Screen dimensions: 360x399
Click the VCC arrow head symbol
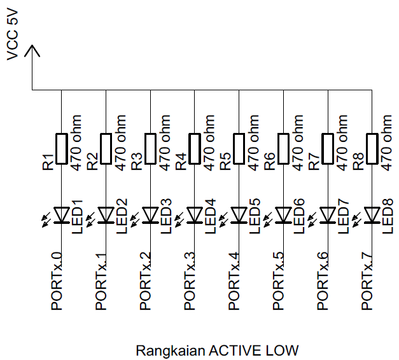(x=32, y=53)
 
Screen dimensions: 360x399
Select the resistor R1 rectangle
(x=61, y=148)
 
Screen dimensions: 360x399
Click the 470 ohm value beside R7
(x=343, y=143)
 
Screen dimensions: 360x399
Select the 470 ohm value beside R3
(x=165, y=143)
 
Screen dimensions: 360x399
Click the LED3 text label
(x=165, y=216)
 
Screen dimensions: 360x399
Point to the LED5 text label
(x=255, y=216)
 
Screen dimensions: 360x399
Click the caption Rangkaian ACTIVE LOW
(x=217, y=350)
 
